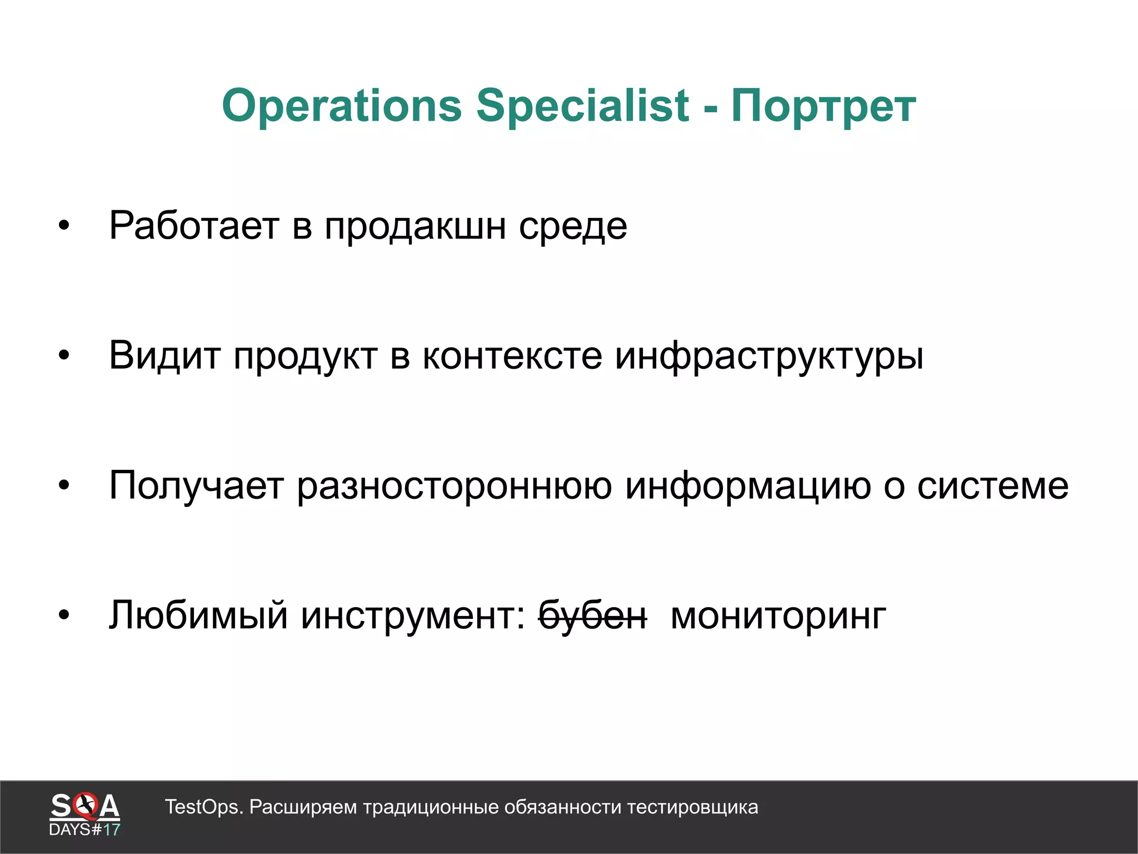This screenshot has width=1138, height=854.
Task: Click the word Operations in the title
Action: (x=342, y=106)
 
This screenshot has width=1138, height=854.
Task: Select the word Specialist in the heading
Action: (x=582, y=106)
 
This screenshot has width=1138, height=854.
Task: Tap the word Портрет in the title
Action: (x=823, y=106)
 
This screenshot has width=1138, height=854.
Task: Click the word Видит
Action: (x=164, y=355)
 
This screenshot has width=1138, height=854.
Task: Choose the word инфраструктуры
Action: (x=769, y=355)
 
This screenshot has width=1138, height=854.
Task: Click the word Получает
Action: (x=196, y=485)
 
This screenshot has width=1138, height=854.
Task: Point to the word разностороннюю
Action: (x=454, y=485)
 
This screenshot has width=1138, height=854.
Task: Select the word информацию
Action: (x=747, y=485)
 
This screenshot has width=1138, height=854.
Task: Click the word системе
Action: (x=992, y=485)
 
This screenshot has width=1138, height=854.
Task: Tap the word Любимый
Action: (x=198, y=615)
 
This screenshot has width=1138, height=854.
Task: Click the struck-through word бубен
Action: (x=593, y=615)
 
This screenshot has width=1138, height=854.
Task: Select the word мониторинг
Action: (x=778, y=615)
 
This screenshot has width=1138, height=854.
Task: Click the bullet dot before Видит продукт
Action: (x=64, y=355)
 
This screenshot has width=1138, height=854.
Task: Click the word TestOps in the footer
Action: (x=203, y=807)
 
